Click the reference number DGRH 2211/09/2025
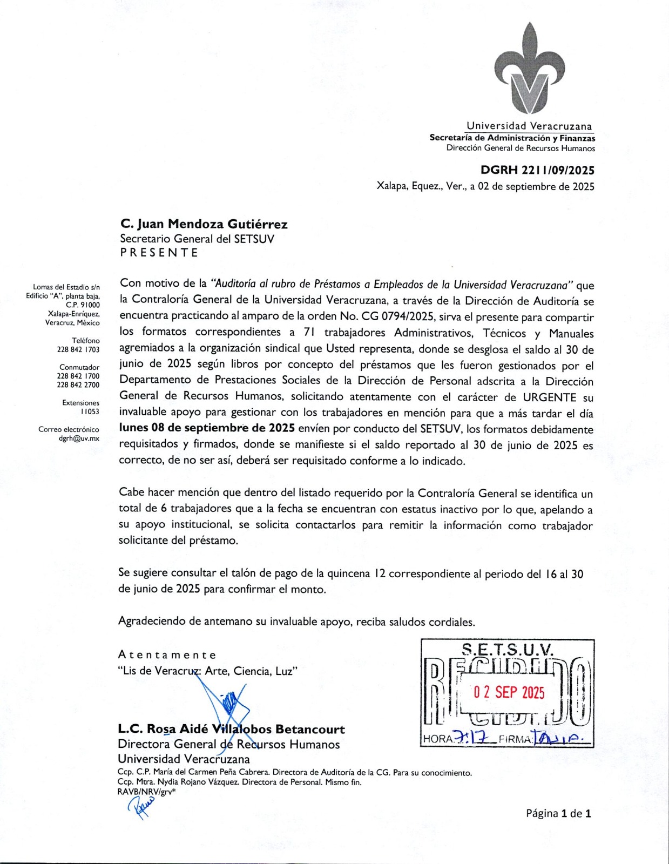[537, 171]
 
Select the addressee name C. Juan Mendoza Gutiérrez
[204, 224]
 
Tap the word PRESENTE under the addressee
[159, 253]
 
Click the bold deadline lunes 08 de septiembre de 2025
[207, 428]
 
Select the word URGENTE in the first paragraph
[550, 397]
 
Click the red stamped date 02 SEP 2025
[509, 693]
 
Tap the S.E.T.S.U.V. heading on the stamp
[508, 649]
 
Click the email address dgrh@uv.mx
[79, 438]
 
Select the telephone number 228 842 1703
[78, 349]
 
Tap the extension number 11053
[90, 411]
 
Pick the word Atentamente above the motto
[167, 655]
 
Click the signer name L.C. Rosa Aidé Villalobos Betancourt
[231, 730]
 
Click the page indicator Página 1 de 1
[558, 813]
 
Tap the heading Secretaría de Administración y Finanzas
[512, 138]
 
